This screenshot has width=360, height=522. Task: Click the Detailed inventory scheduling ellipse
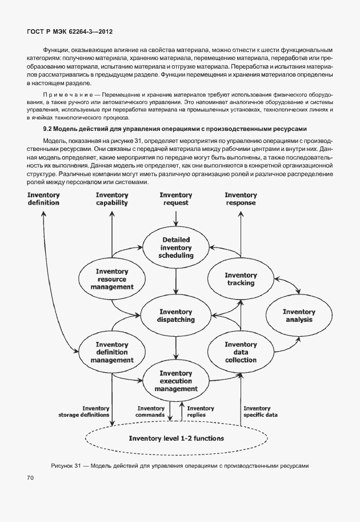click(176, 248)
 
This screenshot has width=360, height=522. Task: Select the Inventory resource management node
click(111, 278)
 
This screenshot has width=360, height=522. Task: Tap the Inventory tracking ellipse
click(241, 279)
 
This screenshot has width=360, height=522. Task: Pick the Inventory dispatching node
click(176, 316)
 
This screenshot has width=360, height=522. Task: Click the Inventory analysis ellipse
click(299, 316)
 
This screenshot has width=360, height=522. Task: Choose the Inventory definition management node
click(111, 352)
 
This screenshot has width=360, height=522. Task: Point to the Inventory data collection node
click(241, 352)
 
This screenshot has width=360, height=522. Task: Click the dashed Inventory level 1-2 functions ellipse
click(176, 439)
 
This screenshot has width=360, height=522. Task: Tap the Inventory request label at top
click(176, 198)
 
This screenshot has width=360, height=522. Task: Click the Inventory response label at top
click(241, 198)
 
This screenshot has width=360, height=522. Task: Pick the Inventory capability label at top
click(112, 198)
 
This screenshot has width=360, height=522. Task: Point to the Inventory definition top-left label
click(43, 198)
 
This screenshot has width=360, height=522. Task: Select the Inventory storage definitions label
click(83, 412)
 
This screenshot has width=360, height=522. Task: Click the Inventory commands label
click(151, 412)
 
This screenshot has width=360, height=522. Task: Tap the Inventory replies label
click(200, 412)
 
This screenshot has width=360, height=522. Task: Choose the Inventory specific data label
click(260, 412)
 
